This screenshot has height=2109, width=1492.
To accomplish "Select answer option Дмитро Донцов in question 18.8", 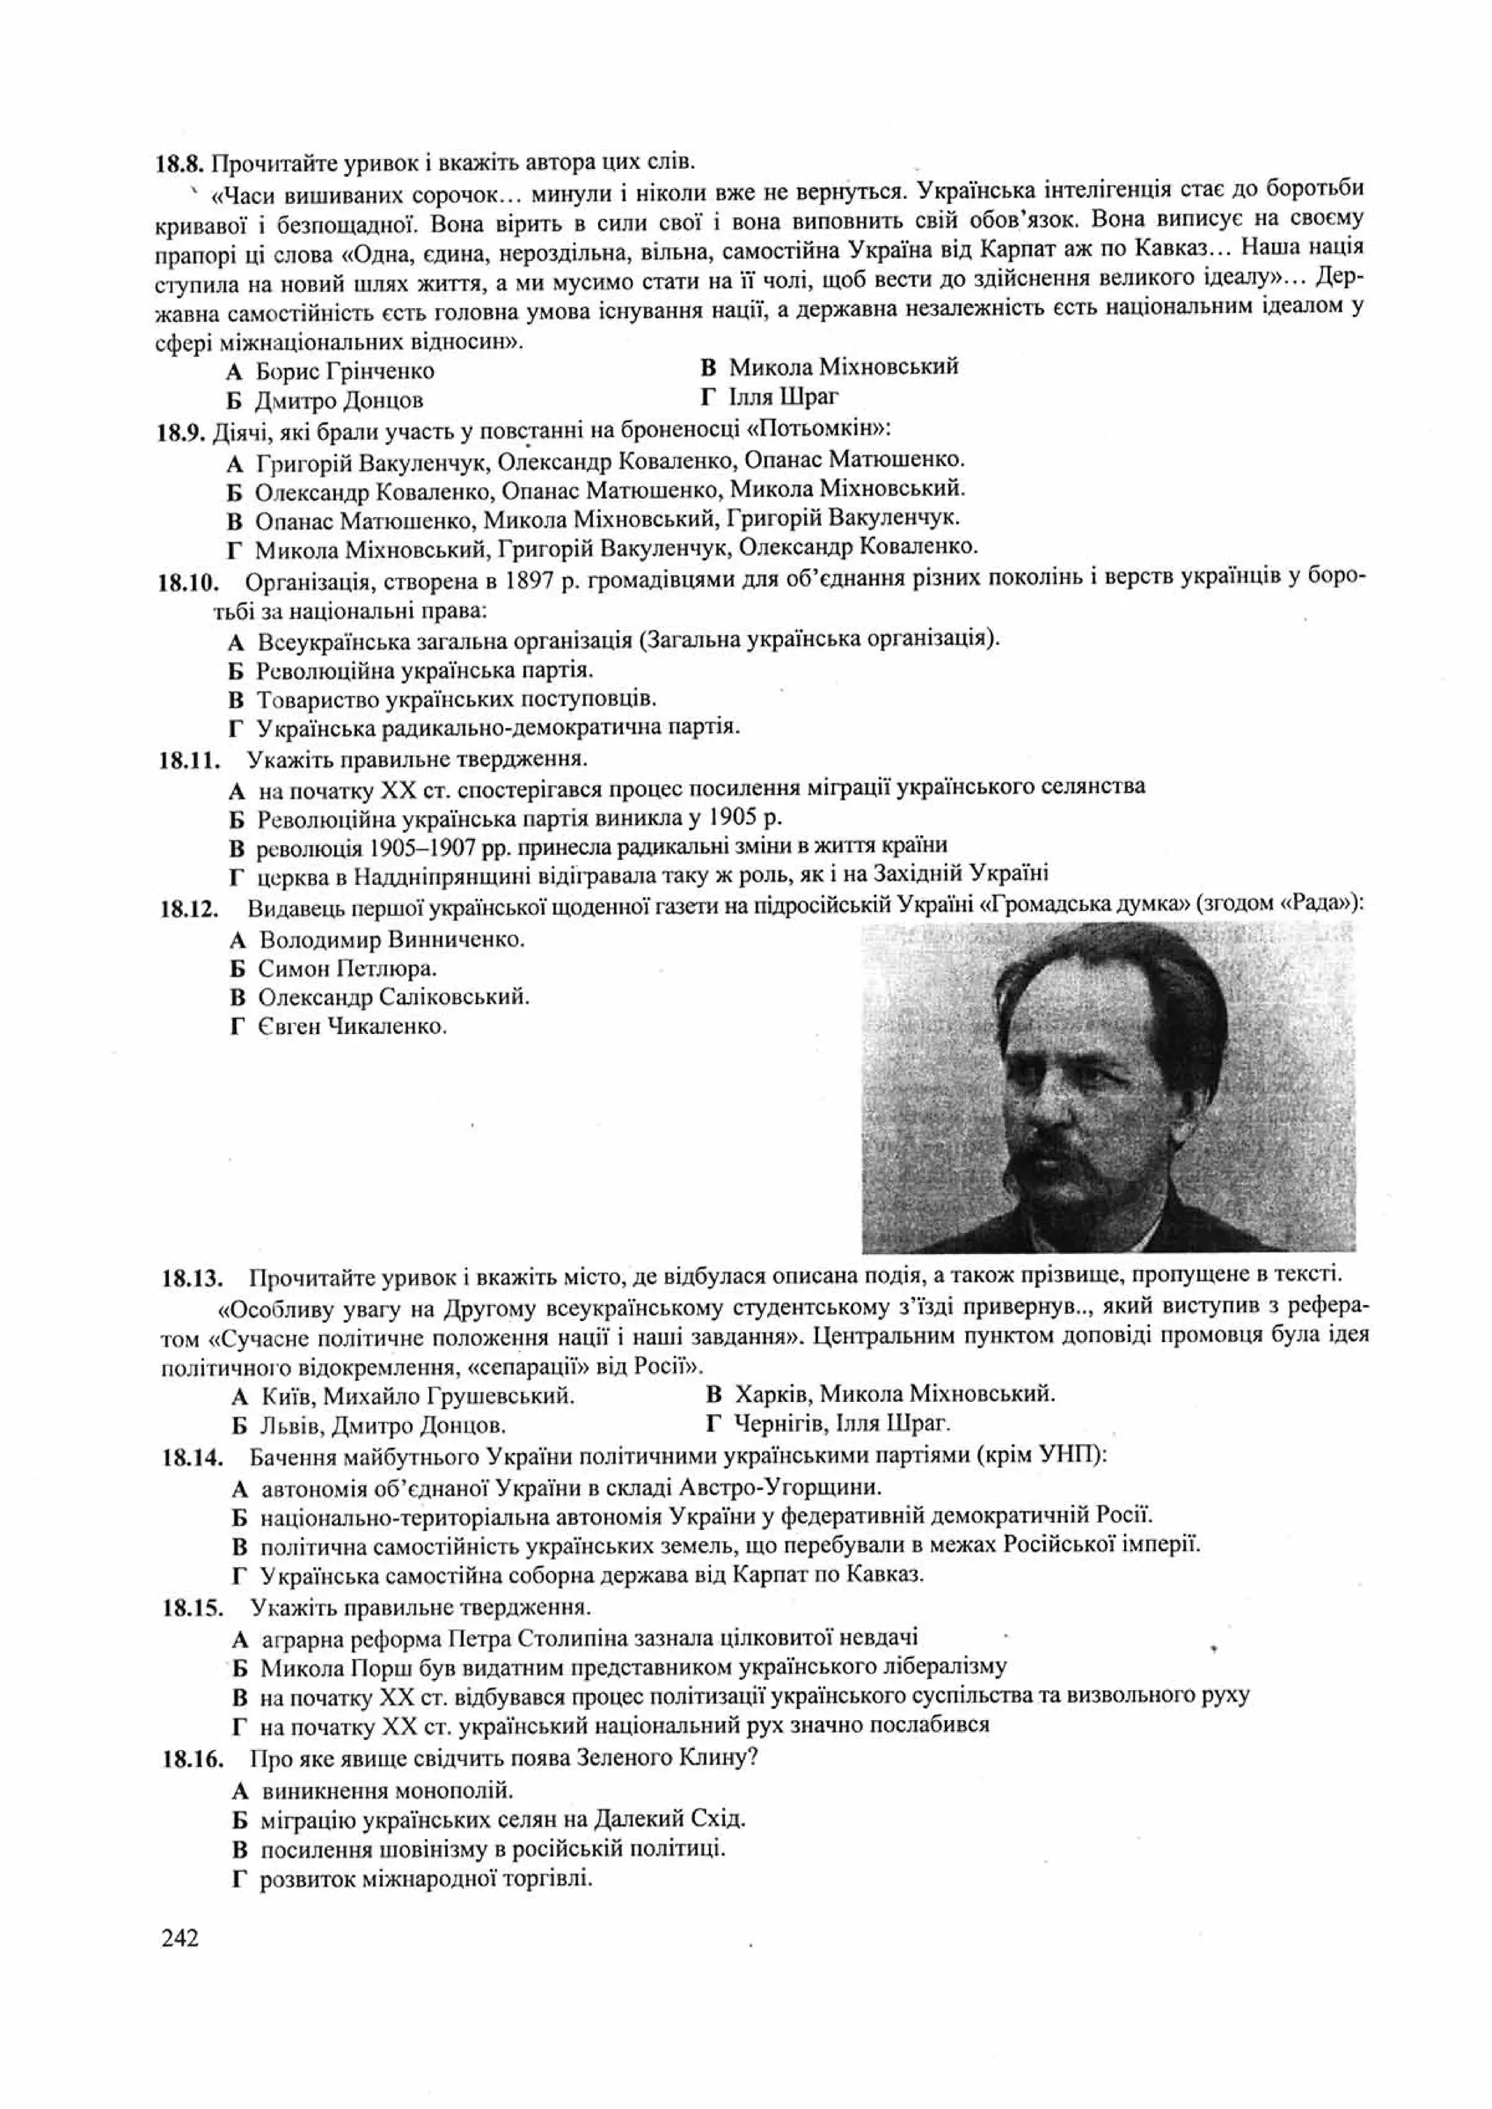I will coord(338,401).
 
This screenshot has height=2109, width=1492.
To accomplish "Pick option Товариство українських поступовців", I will coord(455,698).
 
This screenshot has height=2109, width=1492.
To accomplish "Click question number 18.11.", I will coord(189,760).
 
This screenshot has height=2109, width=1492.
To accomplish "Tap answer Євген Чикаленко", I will coord(352,1026).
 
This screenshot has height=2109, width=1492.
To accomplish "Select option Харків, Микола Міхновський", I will coord(894,1395).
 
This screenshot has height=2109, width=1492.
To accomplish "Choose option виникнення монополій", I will coord(386,1789).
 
